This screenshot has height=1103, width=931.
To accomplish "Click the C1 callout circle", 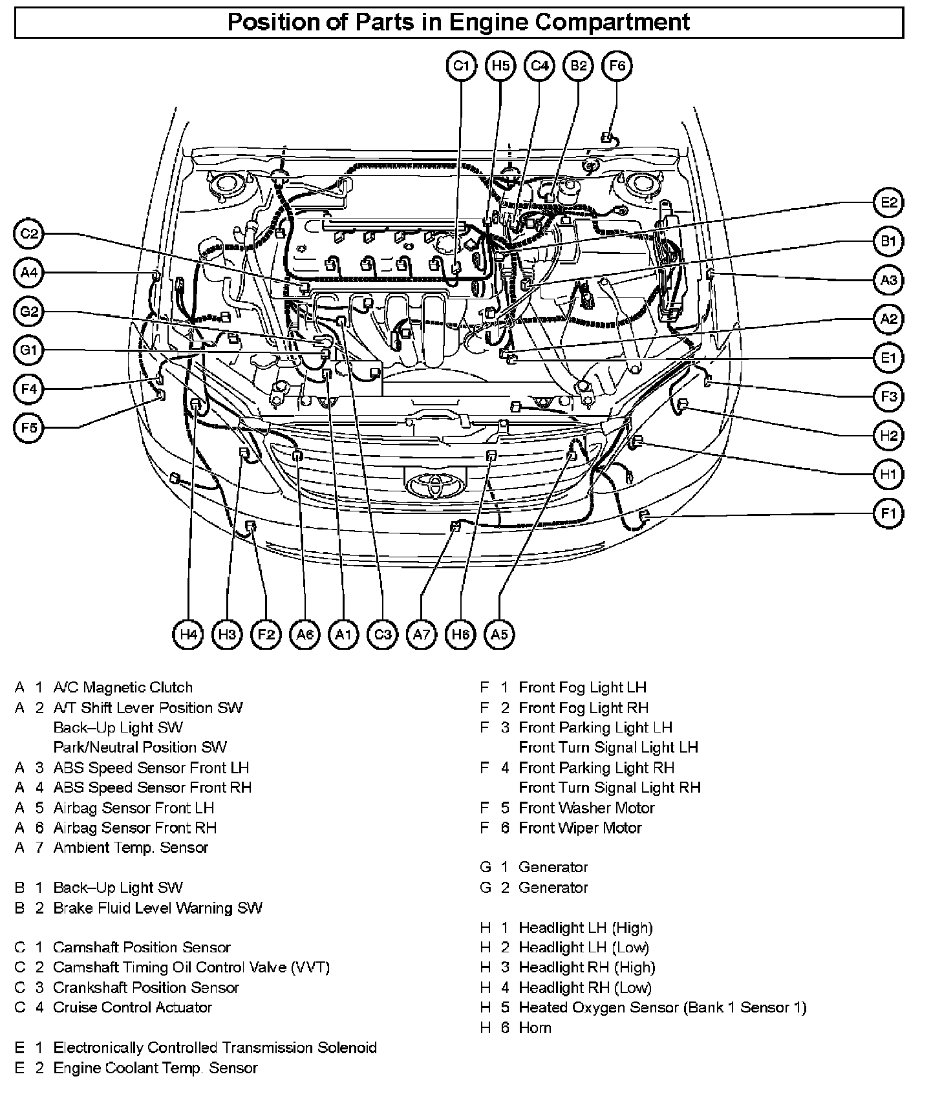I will coord(461,66).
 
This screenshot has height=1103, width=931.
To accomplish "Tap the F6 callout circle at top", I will coord(617,66).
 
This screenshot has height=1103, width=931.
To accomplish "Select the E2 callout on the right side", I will coord(889,203).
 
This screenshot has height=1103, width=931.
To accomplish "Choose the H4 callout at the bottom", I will coord(188,634).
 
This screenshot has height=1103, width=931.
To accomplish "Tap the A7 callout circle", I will coord(422,634).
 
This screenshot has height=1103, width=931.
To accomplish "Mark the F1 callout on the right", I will coord(889,514).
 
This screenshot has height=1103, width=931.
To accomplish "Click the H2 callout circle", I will coord(889,436).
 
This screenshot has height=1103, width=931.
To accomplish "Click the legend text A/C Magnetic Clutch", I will coord(123,687).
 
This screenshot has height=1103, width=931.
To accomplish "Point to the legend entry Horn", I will coord(535,1028).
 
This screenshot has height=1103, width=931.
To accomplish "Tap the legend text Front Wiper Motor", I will coord(580,828).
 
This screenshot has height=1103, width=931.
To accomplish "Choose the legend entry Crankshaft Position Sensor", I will coord(146,988).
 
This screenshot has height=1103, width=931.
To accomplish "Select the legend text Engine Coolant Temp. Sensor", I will coord(155,1068).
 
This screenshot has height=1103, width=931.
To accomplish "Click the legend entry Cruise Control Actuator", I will coord(133,1007).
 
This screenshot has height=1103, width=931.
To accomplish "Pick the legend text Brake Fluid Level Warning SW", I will coord(158,908).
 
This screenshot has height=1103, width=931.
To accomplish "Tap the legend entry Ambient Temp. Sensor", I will coord(131,848).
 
